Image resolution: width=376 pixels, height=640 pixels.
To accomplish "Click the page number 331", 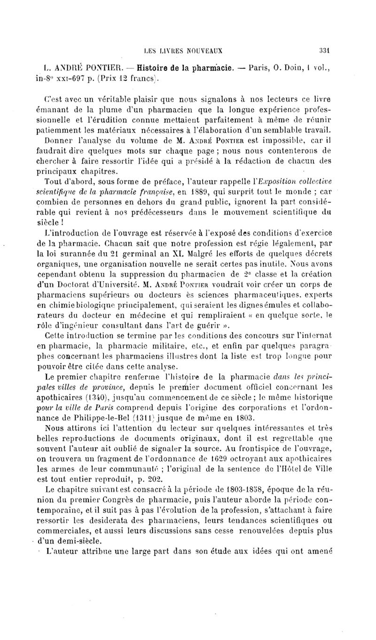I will coord(326,48).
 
